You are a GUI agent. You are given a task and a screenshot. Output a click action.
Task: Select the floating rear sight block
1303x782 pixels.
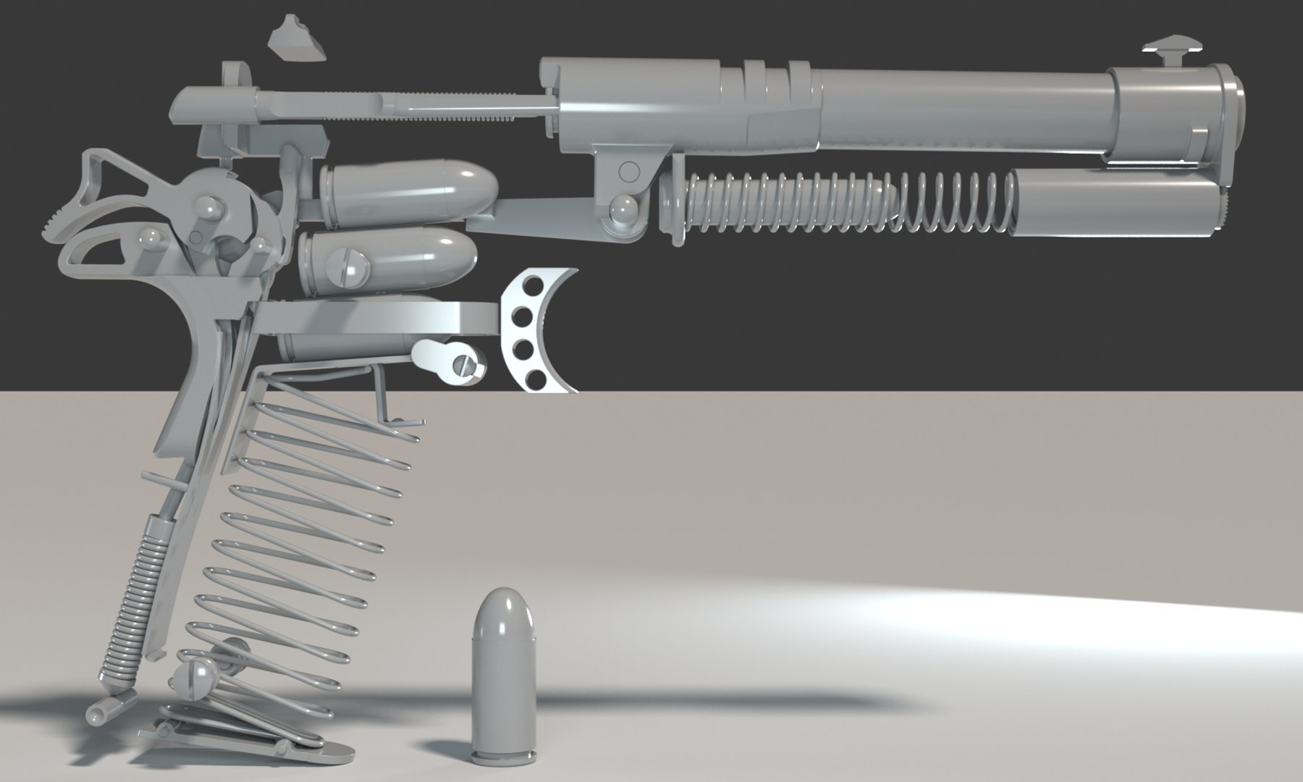(x=296, y=43)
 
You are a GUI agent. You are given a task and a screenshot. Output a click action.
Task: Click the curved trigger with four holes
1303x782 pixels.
(x=539, y=329)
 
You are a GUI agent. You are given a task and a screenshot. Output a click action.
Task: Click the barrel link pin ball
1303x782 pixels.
(x=621, y=211)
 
